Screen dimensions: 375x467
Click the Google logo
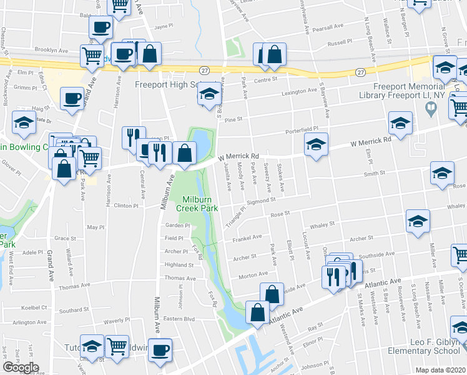tap(21, 367)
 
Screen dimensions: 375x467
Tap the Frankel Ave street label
tap(247, 237)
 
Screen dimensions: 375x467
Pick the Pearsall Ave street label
tap(328, 27)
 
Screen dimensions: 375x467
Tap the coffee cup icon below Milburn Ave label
tap(160, 349)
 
